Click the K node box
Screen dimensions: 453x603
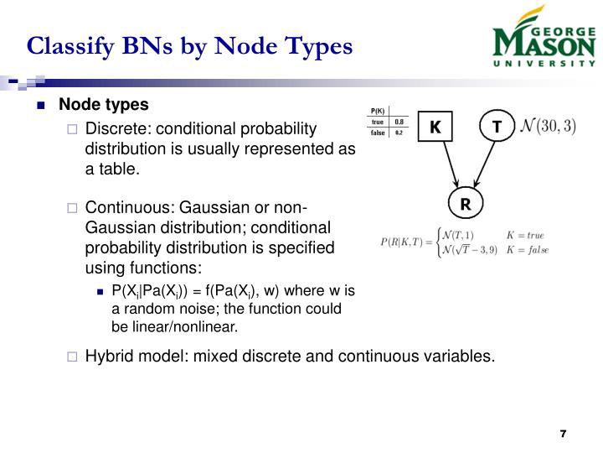[435, 128]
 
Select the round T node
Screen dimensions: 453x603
[497, 128]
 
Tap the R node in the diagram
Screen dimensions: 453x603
[466, 203]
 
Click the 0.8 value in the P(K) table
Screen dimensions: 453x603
[399, 122]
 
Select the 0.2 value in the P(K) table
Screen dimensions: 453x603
[399, 133]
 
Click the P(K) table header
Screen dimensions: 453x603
[378, 112]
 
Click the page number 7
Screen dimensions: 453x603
[564, 433]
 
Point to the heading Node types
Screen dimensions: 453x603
[103, 105]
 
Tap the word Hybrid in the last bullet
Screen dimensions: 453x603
[107, 356]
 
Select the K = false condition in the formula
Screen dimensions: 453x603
[527, 249]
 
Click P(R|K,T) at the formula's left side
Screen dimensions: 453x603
[404, 242]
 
